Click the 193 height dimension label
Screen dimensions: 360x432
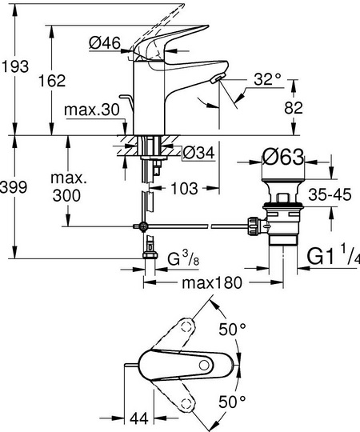tap(14, 66)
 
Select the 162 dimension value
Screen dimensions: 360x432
tap(52, 81)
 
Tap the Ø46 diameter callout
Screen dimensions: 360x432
tap(105, 43)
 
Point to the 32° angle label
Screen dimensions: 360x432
tap(267, 79)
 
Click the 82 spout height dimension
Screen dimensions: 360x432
tap(294, 107)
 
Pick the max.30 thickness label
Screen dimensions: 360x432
tap(92, 110)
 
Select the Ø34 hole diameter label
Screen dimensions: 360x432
tap(198, 152)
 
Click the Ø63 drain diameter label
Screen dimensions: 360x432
tap(283, 158)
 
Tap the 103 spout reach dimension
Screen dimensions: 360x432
tap(184, 189)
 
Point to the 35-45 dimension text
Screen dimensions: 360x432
tap(330, 194)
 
